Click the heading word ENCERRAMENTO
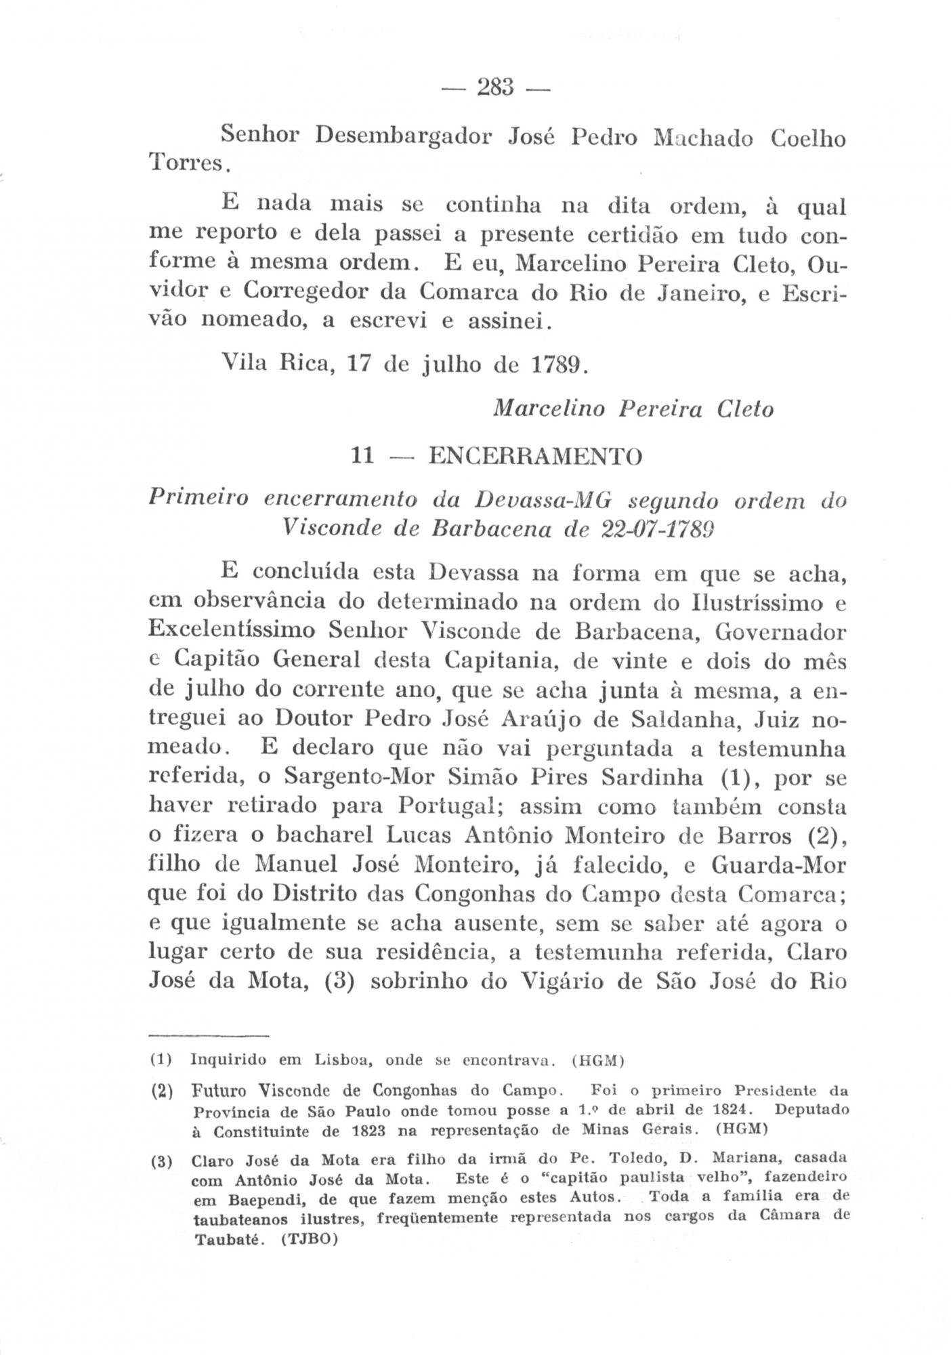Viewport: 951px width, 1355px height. (535, 456)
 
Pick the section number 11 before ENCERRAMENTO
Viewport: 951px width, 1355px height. (364, 456)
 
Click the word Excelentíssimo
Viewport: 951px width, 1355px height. (232, 631)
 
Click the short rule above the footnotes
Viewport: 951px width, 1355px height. (209, 1036)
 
